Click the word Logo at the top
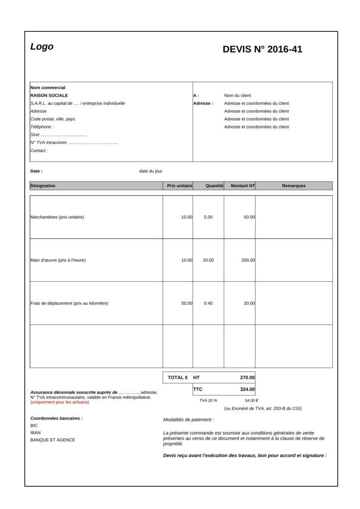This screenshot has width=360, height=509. point(42,47)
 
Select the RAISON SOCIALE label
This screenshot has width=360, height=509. point(49,95)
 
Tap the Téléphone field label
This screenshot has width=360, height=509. point(42,127)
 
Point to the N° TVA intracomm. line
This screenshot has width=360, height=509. point(74,143)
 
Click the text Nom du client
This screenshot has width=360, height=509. point(237,95)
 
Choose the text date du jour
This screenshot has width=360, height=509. point(151,171)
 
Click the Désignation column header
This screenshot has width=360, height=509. point(43,186)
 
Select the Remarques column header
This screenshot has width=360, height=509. point(293,186)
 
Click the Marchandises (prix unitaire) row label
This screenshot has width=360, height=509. point(57,217)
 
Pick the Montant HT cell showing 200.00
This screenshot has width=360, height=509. point(248,260)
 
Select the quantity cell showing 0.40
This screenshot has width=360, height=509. point(208,303)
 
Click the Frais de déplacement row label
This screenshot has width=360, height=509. point(69,303)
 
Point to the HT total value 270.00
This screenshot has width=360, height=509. point(247,377)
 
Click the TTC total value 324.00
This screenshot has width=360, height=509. point(247,389)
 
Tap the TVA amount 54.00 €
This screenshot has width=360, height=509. point(251,400)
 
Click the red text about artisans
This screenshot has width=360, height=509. point(60,402)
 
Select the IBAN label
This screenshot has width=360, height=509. point(36,432)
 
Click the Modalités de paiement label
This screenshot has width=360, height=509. point(188,420)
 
